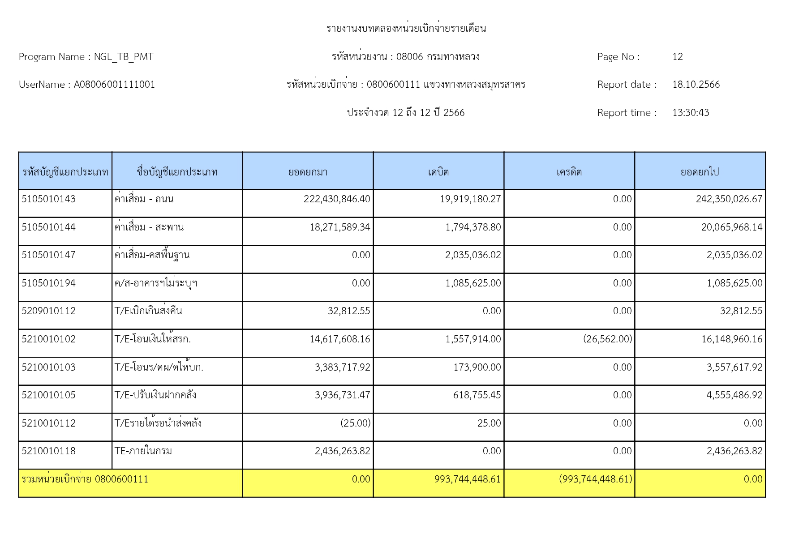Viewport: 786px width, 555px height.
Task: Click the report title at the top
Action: (406, 29)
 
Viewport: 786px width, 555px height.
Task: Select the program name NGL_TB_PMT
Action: (123, 57)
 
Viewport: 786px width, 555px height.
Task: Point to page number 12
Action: (677, 57)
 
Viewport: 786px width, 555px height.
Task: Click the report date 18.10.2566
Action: (696, 85)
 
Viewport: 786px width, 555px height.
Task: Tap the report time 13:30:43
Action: (690, 113)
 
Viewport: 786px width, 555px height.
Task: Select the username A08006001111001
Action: (114, 85)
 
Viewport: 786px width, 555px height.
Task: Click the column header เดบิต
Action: (438, 172)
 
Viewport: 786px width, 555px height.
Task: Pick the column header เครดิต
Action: (569, 172)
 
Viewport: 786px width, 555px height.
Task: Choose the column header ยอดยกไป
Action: (700, 172)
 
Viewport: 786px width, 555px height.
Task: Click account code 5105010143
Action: (48, 199)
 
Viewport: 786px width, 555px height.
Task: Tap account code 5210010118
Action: (48, 451)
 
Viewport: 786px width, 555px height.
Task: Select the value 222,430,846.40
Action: (337, 199)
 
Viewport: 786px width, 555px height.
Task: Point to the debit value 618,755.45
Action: (477, 395)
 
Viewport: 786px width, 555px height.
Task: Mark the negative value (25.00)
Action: (355, 423)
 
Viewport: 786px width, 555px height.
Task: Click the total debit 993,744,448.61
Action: (467, 479)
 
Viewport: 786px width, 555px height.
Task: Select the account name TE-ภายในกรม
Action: (143, 451)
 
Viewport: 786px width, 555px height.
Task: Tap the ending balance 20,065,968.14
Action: (731, 227)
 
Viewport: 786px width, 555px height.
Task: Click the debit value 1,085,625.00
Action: (473, 283)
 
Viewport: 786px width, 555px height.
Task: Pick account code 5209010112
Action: (48, 311)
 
